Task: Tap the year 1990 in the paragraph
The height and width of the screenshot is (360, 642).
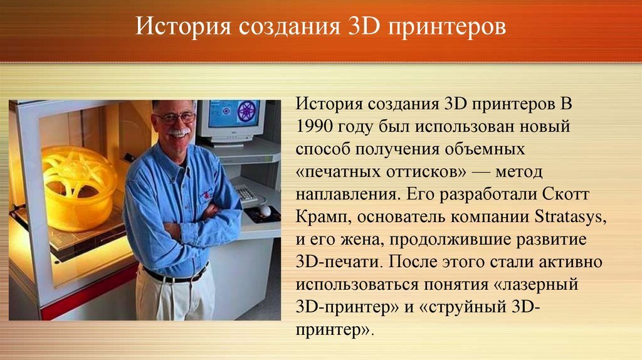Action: point(316,125)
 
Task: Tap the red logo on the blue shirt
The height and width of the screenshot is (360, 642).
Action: point(206,195)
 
